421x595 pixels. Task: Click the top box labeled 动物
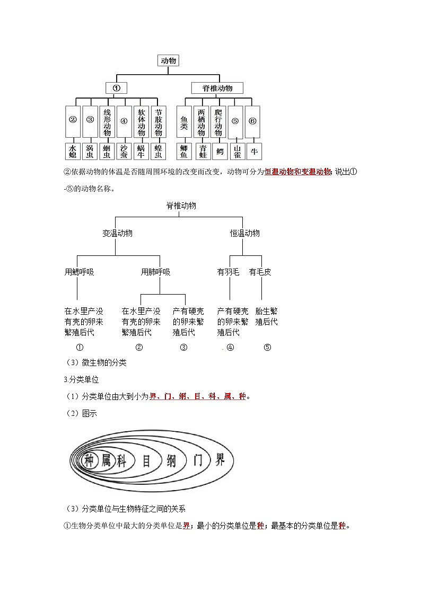[169, 61]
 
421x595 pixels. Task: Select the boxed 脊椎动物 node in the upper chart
[217, 88]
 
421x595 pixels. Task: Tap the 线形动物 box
[107, 122]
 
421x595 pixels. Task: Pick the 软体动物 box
[141, 122]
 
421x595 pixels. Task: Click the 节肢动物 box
[158, 122]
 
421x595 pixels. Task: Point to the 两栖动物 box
[201, 122]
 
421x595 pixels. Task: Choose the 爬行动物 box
[218, 122]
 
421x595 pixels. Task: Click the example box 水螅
[73, 152]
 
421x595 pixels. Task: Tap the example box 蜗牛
[141, 152]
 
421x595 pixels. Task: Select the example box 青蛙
[201, 152]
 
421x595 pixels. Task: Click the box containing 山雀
[236, 152]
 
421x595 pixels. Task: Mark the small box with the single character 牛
[253, 151]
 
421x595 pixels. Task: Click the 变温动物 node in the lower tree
[117, 233]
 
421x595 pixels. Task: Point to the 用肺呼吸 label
[155, 272]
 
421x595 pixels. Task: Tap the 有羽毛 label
[228, 272]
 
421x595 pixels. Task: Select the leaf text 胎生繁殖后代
[266, 316]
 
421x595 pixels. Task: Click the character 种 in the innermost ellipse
[89, 460]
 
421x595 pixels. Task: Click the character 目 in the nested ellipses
[146, 460]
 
